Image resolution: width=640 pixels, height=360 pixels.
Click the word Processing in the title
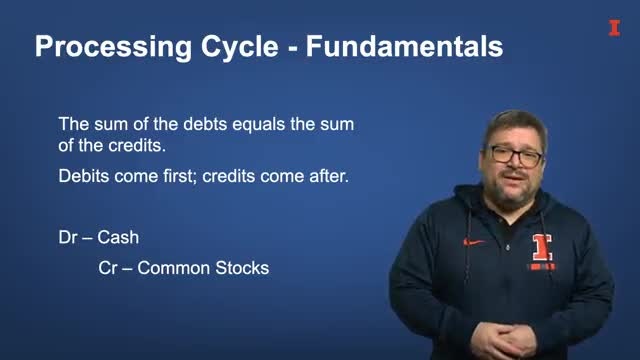[113, 47]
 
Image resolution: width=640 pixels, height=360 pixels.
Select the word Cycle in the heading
[240, 47]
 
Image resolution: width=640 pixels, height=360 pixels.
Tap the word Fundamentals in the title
[404, 46]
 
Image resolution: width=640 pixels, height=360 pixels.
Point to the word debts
[205, 124]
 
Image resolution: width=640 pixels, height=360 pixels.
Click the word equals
[258, 125]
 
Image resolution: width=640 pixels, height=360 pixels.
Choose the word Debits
[84, 176]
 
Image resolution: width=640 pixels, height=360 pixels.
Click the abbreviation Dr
[68, 238]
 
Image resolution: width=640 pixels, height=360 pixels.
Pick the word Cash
[118, 238]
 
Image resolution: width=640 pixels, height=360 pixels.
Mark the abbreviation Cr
[108, 268]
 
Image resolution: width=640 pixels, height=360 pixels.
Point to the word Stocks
[242, 268]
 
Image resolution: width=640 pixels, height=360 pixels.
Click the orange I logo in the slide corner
[614, 28]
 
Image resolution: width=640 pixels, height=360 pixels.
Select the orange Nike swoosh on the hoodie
[474, 242]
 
